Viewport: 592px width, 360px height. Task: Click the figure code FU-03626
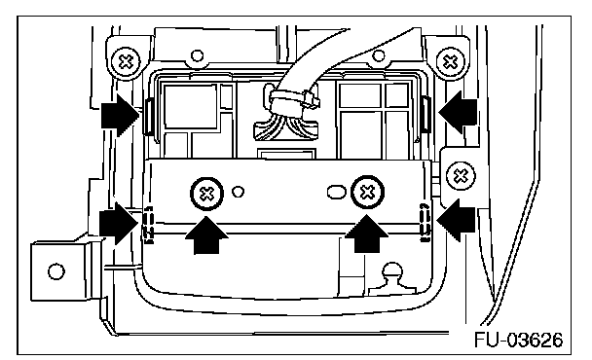coord(518,340)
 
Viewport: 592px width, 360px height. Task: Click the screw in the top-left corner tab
coord(127,61)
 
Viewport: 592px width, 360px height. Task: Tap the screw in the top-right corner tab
coord(451,61)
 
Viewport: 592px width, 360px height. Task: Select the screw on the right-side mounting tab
coord(461,175)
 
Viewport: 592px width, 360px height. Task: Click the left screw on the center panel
coord(206,194)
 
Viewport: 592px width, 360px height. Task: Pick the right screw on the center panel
coord(367,193)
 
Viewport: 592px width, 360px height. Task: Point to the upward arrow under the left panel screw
coord(206,235)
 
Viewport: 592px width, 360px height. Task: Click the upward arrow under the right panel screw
coord(367,234)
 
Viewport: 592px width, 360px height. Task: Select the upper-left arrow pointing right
coord(120,115)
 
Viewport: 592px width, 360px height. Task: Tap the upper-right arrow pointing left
coord(458,112)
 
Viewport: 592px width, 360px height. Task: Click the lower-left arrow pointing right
coord(119,223)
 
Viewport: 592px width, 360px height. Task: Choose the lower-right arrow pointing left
coord(456,220)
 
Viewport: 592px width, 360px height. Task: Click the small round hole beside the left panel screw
coord(238,192)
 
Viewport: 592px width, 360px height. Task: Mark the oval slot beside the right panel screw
coord(336,192)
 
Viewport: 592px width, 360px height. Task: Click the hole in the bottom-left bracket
coord(56,271)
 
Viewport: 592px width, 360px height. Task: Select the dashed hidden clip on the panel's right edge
coord(425,222)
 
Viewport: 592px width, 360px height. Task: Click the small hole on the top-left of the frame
coord(197,55)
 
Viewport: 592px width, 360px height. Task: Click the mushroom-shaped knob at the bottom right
coord(392,279)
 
